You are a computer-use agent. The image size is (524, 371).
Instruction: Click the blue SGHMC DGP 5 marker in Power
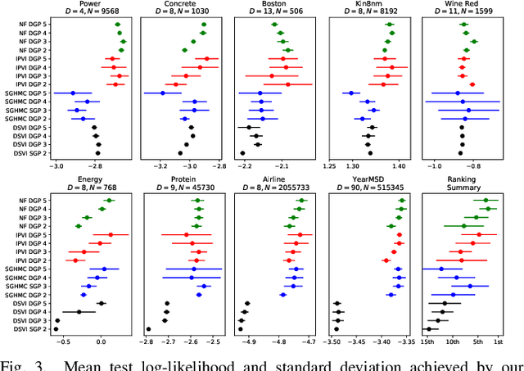[x=73, y=93]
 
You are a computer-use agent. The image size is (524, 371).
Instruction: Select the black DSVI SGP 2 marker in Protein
[x=148, y=329]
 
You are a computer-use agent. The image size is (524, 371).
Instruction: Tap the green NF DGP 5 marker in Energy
[x=108, y=200]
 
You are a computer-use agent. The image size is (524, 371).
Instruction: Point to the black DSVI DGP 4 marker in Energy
[x=79, y=312]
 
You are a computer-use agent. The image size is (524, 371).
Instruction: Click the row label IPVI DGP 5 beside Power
[x=27, y=59]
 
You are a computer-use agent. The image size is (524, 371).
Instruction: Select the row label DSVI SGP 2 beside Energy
[x=27, y=329]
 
